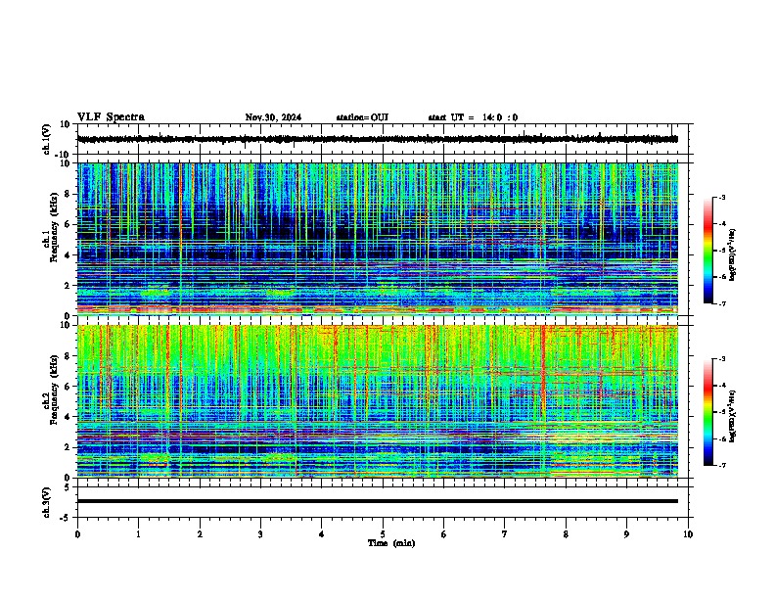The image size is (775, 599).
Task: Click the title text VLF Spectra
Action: pos(111,117)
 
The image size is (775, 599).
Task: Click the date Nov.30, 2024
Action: pos(273,117)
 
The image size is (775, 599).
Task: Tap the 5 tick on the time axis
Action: pos(383,534)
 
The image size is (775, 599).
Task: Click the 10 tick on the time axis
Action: pos(688,534)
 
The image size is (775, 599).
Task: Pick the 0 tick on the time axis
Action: pos(77,534)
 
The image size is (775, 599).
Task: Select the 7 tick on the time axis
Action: pos(505,534)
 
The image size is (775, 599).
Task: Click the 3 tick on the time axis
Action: pos(260,534)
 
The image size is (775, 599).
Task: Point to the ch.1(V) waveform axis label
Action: pos(47,139)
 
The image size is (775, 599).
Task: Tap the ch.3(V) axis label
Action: pos(47,500)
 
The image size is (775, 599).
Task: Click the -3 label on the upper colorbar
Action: pos(723,199)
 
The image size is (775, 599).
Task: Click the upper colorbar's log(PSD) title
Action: pos(747,251)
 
